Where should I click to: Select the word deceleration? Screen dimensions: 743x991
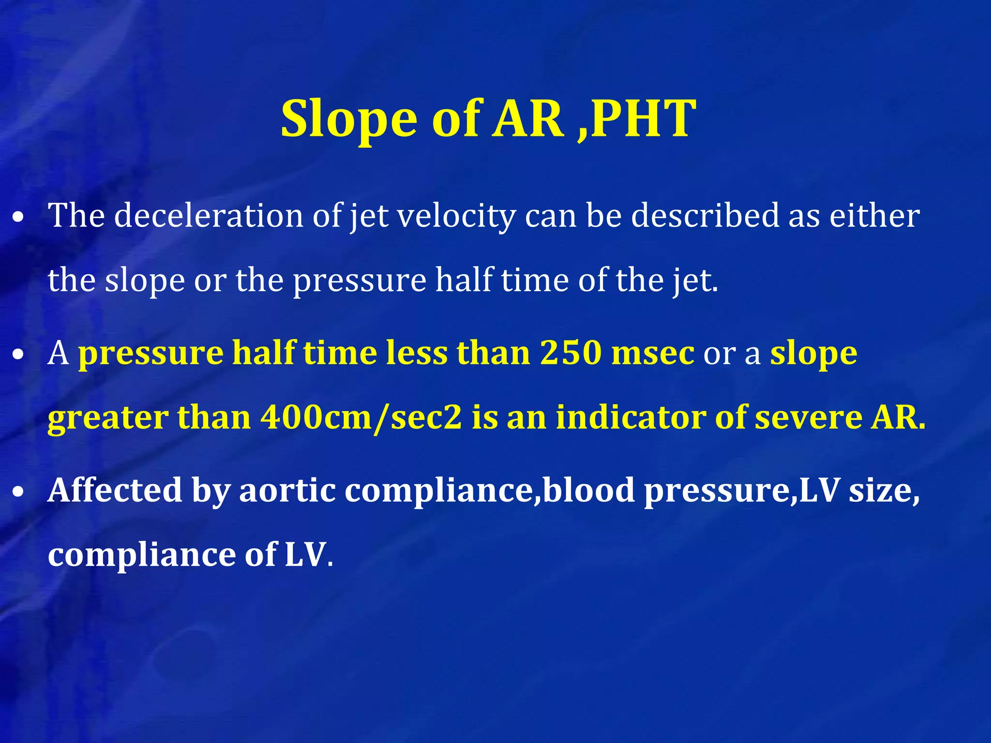coord(209,215)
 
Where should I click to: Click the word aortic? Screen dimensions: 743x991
coord(287,490)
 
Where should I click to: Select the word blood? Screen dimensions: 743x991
coord(588,490)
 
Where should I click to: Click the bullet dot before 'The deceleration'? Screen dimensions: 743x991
coord(18,218)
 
